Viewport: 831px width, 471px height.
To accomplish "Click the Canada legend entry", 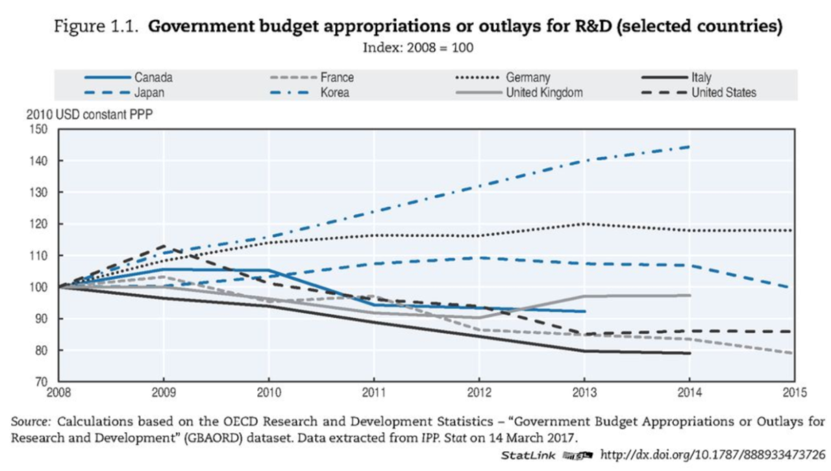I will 153,78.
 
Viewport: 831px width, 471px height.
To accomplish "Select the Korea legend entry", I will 334,93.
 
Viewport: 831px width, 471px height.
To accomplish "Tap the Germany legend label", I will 528,78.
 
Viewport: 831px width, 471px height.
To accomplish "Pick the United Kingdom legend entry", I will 544,93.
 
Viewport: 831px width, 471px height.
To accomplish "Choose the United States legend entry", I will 723,93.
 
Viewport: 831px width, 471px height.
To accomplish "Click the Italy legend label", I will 701,78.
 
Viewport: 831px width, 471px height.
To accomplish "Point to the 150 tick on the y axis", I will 40,129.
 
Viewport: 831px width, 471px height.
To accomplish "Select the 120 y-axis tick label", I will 40,224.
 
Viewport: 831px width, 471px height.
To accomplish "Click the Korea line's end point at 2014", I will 689,147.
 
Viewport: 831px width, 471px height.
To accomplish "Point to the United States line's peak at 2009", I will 165,246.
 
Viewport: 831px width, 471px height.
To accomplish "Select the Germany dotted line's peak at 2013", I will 584,224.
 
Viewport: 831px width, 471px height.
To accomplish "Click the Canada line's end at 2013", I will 584,311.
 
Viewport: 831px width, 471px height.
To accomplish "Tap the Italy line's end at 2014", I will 689,353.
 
